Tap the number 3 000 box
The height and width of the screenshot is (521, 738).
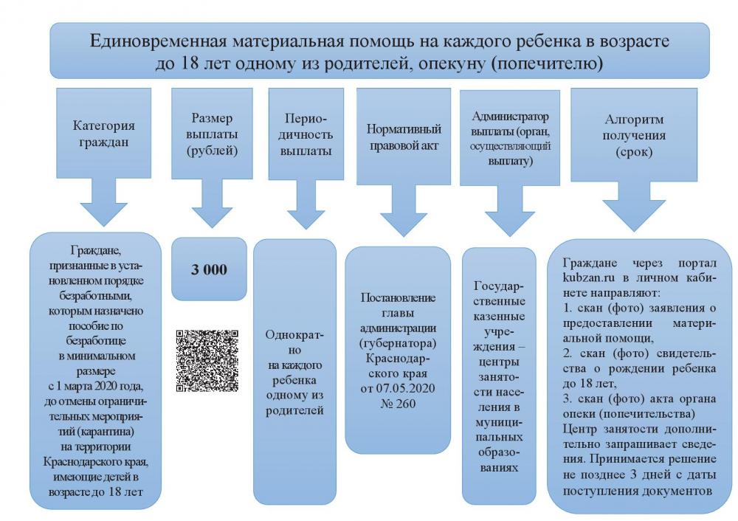(209, 269)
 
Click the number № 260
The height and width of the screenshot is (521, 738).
(399, 404)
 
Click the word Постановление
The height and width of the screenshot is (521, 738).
(398, 298)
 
